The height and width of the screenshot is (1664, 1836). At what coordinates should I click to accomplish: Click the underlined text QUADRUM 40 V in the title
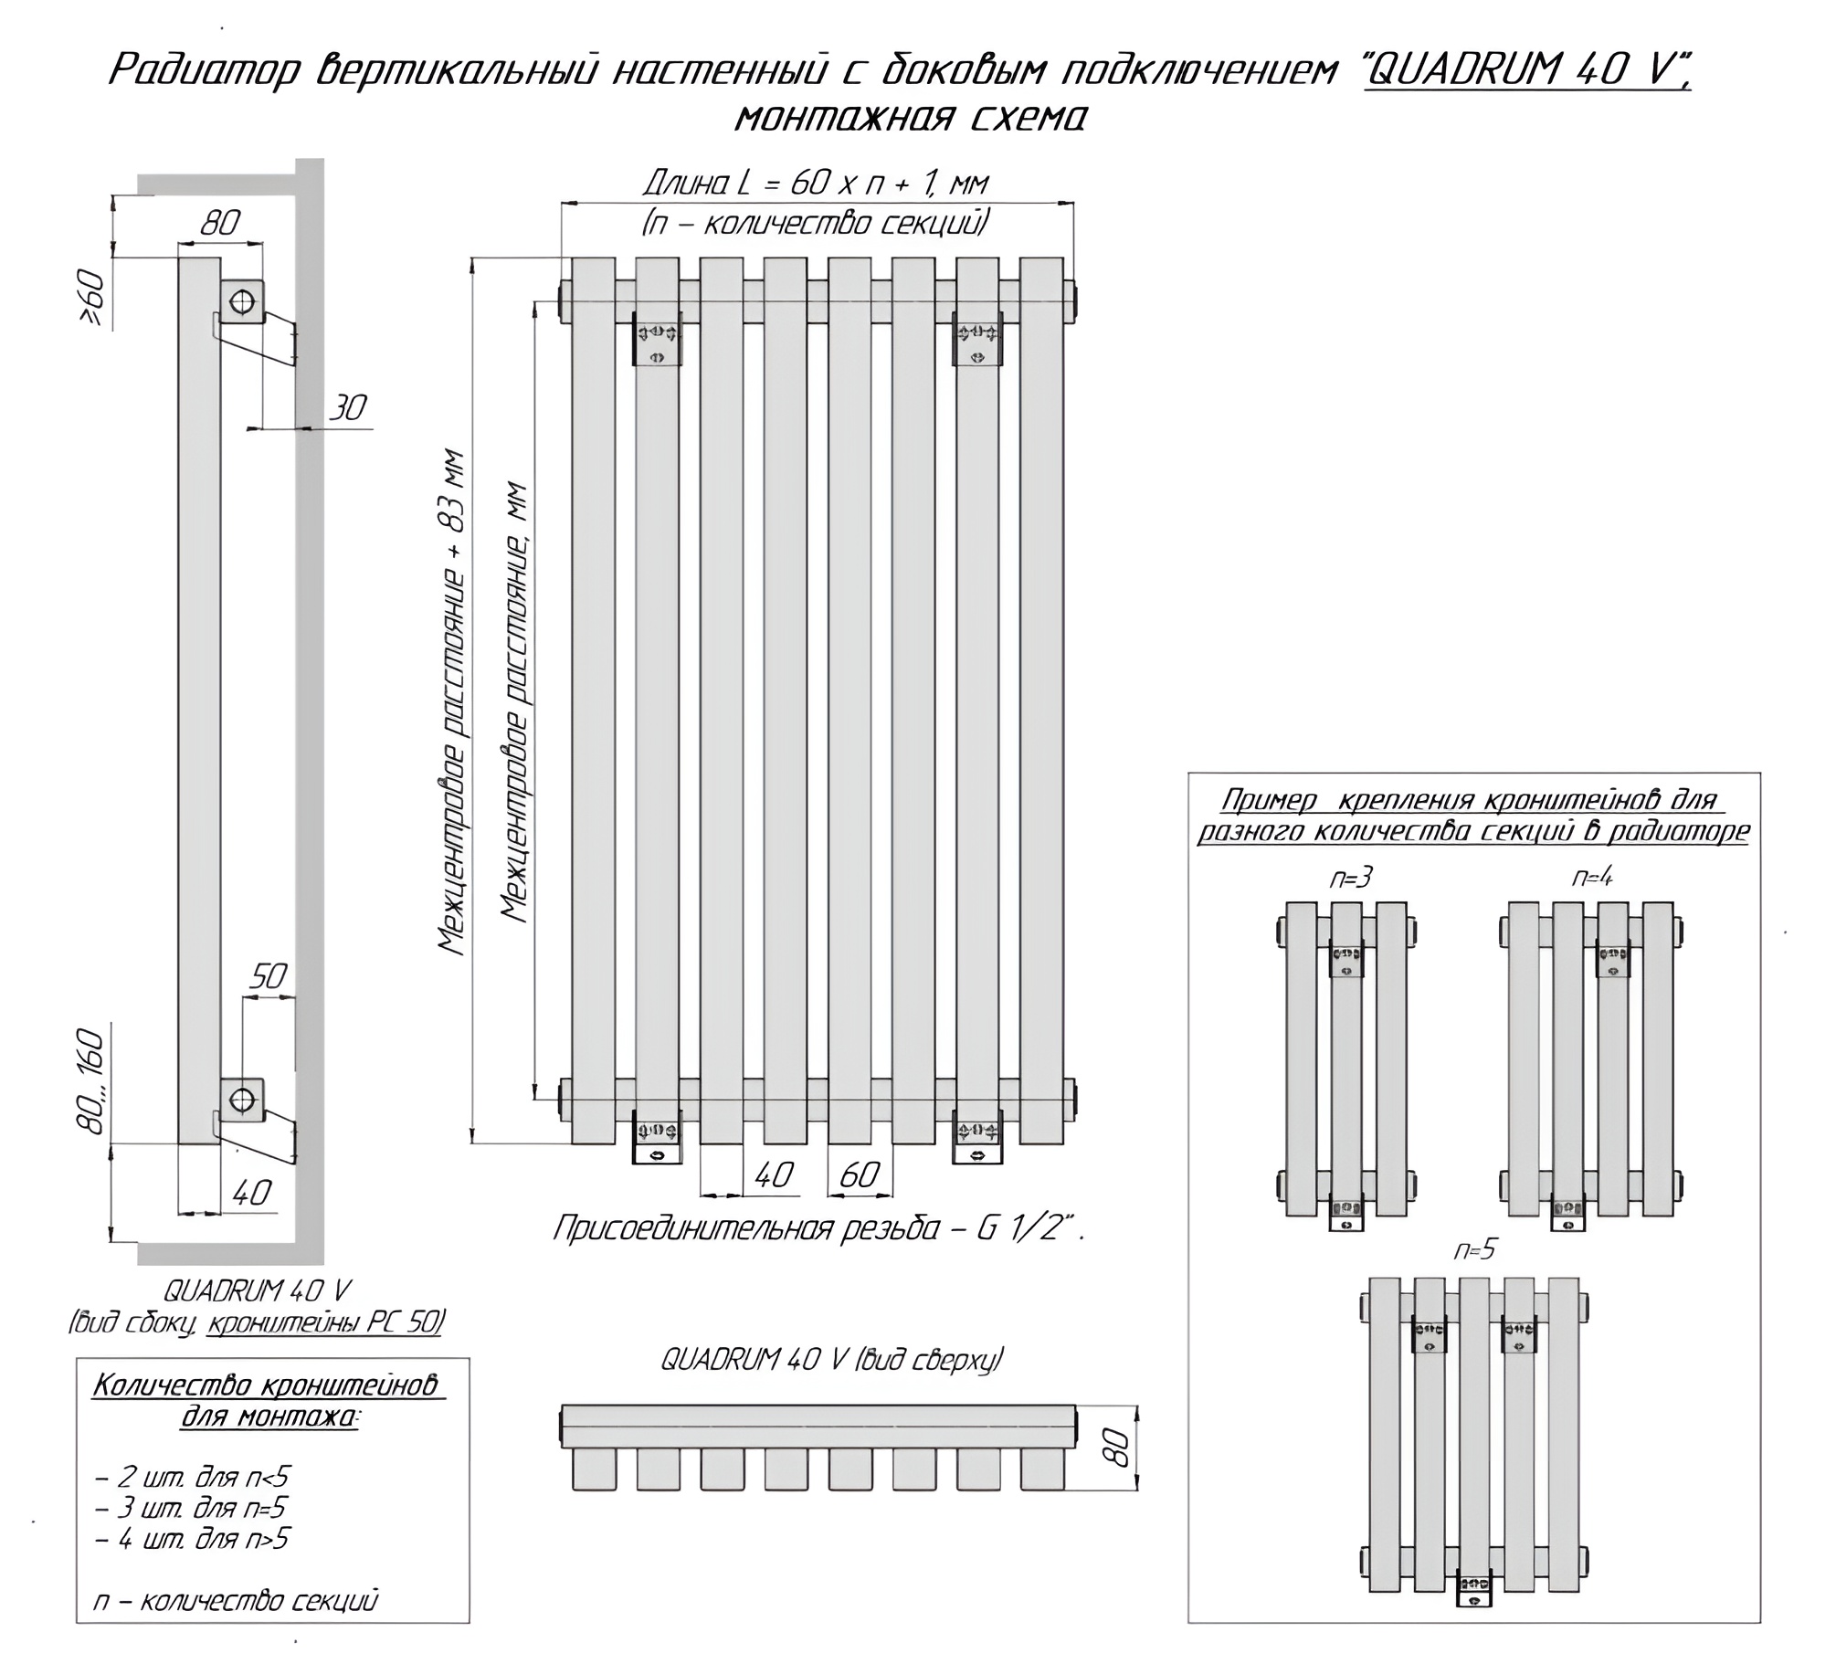point(1528,71)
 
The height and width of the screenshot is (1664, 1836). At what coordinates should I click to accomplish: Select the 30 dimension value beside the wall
point(347,407)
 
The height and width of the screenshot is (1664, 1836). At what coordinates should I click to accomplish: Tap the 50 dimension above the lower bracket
point(269,977)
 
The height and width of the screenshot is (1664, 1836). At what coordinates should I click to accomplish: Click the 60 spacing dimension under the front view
point(860,1175)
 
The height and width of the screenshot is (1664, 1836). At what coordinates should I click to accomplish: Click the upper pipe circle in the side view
point(243,300)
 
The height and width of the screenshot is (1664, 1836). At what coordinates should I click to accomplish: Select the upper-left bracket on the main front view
point(658,339)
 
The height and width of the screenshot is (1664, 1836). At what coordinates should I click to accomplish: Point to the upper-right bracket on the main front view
point(977,339)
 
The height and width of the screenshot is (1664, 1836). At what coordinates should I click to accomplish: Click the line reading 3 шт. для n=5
point(190,1508)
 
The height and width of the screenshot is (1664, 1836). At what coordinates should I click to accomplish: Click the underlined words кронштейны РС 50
point(325,1322)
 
